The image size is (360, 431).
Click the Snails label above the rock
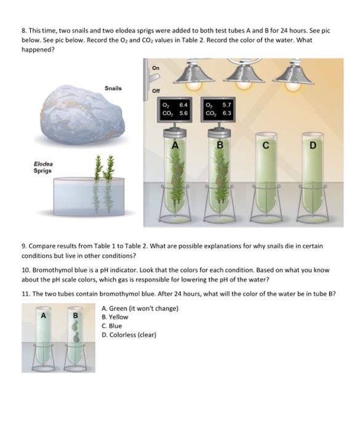click(x=113, y=88)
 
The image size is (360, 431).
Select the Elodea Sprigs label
click(x=43, y=167)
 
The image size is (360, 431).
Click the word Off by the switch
click(x=156, y=91)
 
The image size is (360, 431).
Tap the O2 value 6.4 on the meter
click(x=183, y=106)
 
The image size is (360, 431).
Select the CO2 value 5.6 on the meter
click(x=183, y=114)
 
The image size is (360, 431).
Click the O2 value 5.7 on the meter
click(x=226, y=106)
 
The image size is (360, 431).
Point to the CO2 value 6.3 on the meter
click(x=226, y=114)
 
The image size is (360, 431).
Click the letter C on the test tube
click(x=265, y=146)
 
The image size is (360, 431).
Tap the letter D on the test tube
click(x=313, y=146)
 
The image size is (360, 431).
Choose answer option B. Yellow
click(x=115, y=317)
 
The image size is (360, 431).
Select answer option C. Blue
click(x=112, y=326)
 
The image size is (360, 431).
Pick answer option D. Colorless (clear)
click(x=129, y=335)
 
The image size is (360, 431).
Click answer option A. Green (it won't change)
click(x=140, y=308)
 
